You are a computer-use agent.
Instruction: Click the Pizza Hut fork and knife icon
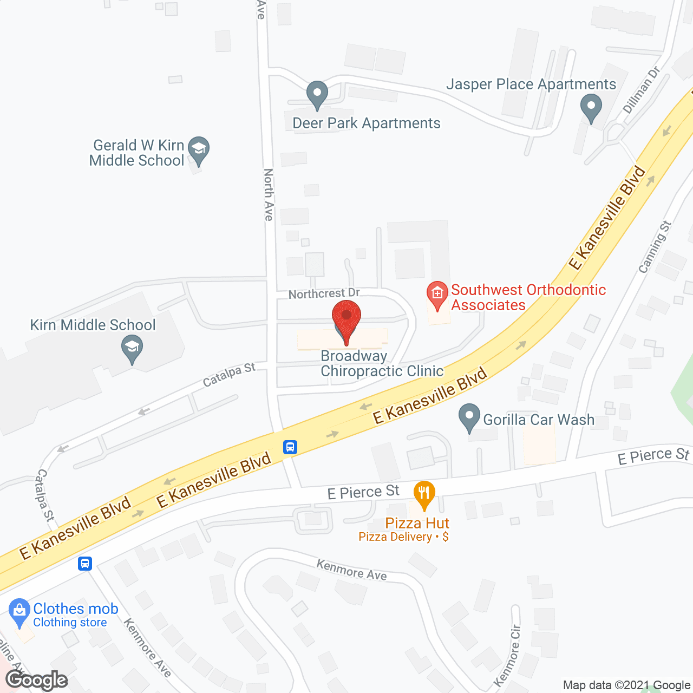[x=424, y=493]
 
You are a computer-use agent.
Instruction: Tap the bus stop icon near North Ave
[x=290, y=447]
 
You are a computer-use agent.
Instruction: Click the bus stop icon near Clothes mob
[x=85, y=563]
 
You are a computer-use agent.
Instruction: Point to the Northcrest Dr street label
[x=324, y=293]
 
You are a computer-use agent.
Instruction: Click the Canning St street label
[x=655, y=246]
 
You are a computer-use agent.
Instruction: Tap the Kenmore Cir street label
[x=508, y=656]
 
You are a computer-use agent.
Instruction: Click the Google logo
[x=36, y=680]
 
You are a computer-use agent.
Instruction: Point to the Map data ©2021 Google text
[x=627, y=685]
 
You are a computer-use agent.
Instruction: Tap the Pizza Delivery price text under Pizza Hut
[x=403, y=537]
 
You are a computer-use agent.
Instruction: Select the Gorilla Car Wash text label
[x=539, y=420]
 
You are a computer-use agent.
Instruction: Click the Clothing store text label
[x=70, y=623]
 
